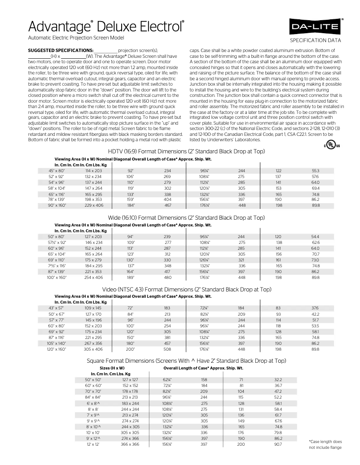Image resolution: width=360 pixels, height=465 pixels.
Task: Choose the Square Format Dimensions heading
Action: pyautogui.click(x=186, y=361)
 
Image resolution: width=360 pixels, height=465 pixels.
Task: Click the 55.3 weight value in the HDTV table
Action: pyautogui.click(x=316, y=171)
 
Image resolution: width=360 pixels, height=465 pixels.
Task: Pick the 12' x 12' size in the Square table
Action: pyautogui.click(x=94, y=444)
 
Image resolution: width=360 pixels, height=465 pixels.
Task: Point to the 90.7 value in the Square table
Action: pyautogui.click(x=278, y=444)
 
